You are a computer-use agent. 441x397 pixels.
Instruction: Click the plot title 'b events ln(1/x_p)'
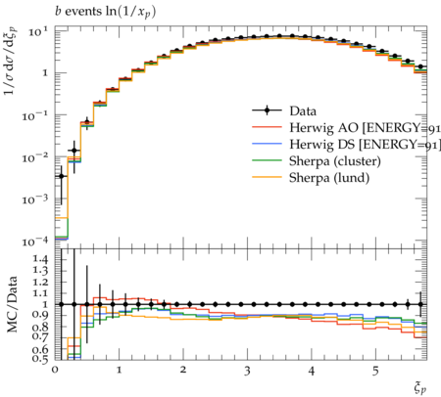(x=105, y=12)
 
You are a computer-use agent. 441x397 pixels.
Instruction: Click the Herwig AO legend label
(x=365, y=128)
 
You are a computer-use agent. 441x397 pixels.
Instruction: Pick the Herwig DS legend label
(x=365, y=145)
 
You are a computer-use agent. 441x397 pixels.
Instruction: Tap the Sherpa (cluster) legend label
(x=335, y=161)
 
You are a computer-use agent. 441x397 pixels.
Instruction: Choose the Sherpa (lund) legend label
(x=329, y=178)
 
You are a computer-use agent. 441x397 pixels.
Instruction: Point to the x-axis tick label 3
(x=247, y=371)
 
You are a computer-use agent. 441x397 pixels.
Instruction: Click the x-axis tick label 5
(x=375, y=371)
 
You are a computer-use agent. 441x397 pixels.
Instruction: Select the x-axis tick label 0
(x=55, y=370)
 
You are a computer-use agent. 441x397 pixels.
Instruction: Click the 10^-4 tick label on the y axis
(x=34, y=242)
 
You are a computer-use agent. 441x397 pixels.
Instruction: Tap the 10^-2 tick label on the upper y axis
(x=34, y=157)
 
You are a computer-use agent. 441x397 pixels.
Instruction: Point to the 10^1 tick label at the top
(x=37, y=31)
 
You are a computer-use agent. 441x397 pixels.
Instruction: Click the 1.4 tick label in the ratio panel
(x=40, y=260)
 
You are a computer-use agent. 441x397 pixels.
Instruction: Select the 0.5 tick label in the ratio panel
(x=40, y=359)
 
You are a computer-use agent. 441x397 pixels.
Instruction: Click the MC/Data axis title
(x=12, y=304)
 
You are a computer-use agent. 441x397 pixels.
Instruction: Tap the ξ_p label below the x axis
(x=420, y=388)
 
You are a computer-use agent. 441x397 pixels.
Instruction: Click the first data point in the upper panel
(x=61, y=176)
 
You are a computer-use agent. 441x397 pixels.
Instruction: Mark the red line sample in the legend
(x=267, y=127)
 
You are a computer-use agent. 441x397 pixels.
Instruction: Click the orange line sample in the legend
(x=267, y=177)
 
